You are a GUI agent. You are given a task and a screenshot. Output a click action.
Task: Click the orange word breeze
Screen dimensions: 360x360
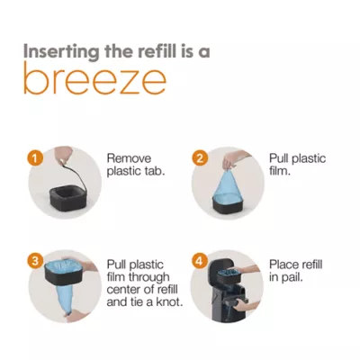(94, 78)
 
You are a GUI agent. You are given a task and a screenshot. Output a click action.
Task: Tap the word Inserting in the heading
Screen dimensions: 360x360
(61, 51)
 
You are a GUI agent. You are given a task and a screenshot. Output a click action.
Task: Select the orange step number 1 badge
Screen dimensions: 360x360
(35, 157)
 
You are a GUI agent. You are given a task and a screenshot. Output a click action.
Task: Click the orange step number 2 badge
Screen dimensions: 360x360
(200, 157)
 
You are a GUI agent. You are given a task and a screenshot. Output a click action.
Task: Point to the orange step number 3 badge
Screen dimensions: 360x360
(35, 261)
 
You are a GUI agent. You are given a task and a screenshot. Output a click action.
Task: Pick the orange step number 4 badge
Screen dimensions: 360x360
(200, 261)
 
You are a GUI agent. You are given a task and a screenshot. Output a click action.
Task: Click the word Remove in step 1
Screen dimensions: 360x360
(129, 158)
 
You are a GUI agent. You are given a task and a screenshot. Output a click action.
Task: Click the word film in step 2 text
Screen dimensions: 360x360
(280, 171)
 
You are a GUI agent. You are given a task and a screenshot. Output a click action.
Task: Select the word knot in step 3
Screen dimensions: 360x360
(169, 301)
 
